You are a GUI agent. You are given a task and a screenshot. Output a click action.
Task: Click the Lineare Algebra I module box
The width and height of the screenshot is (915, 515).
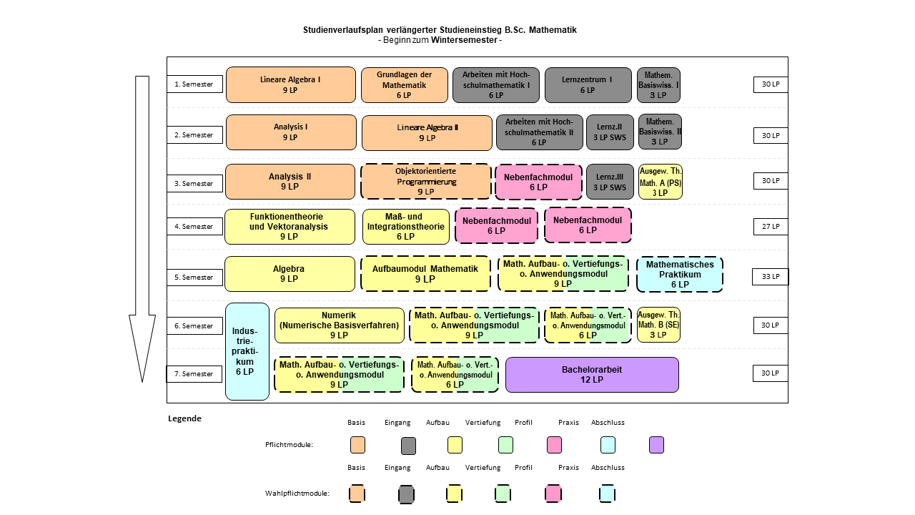pos(291,84)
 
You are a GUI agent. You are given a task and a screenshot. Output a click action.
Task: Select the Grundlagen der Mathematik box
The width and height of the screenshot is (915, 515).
pos(405,85)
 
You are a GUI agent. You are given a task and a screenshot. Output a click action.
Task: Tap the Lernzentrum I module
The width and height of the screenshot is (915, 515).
pos(588,85)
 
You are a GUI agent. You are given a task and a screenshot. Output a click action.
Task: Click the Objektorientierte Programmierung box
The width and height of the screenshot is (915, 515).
pos(426,182)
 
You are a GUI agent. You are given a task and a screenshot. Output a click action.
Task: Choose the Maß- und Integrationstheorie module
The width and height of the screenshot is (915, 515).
pos(405,227)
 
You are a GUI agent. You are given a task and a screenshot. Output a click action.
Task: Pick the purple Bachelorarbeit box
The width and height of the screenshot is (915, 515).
pos(592,375)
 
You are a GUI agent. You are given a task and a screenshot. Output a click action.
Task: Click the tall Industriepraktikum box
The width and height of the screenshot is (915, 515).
pos(247,351)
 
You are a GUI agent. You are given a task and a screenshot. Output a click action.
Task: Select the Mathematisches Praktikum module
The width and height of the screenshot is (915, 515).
pos(680,274)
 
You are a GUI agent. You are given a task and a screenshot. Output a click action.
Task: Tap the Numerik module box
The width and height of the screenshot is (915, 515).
pos(339,325)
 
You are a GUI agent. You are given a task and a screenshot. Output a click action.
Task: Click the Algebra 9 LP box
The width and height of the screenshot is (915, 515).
pos(290,274)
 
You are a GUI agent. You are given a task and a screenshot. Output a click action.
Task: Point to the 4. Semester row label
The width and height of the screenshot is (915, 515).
pos(194,227)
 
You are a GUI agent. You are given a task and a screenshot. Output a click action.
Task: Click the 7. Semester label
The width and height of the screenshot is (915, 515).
pos(194,374)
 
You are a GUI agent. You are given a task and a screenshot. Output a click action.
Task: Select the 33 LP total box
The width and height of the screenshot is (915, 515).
pos(771,277)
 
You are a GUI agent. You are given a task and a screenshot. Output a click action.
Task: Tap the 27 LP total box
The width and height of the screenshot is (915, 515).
pos(771,227)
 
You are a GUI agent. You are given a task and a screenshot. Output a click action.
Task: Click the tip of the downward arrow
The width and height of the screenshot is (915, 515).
pos(142,382)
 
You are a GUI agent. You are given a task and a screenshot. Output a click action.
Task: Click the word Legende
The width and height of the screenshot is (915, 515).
pos(184,418)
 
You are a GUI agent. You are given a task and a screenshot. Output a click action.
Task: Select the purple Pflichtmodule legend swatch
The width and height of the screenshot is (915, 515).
pos(656,445)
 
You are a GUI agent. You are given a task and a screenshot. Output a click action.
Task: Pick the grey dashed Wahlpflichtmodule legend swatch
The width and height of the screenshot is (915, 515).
pos(407,494)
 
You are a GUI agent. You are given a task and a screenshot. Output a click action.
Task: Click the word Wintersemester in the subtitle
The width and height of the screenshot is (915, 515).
pos(464,40)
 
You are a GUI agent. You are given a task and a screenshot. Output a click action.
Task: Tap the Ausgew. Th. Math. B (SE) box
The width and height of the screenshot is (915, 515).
pos(658,325)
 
